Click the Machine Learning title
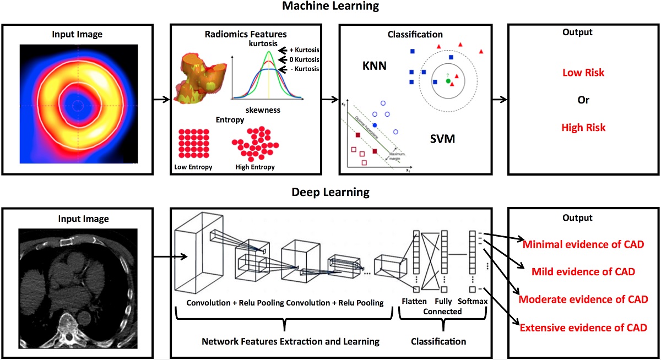click(x=330, y=7)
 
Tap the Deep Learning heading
click(x=330, y=193)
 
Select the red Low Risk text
click(x=583, y=73)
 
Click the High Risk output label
click(x=583, y=128)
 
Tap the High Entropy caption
click(x=254, y=166)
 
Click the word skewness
click(x=263, y=110)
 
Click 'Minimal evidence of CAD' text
click(x=583, y=244)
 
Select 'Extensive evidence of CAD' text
click(x=583, y=328)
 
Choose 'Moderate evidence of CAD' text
click(x=583, y=299)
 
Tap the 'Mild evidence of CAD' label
click(x=583, y=271)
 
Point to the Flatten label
click(x=414, y=302)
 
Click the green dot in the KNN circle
click(x=448, y=81)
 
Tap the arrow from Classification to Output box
click(x=499, y=100)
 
